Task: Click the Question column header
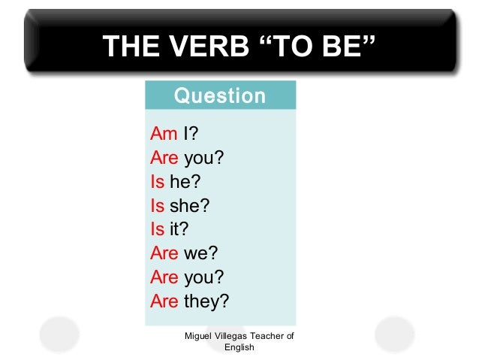(x=219, y=96)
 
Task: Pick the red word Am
(x=164, y=134)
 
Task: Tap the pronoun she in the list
(x=189, y=204)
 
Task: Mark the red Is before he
(x=157, y=181)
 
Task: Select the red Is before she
(x=157, y=204)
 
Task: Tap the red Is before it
(x=157, y=228)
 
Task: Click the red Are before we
(x=164, y=253)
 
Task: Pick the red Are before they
(x=164, y=301)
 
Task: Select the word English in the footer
(x=239, y=348)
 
